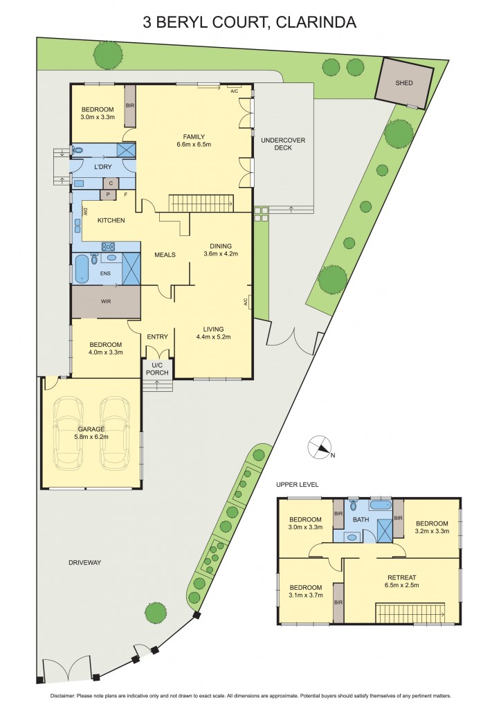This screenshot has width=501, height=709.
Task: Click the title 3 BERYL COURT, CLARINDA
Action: coord(250,22)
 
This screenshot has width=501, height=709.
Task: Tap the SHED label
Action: coord(404,83)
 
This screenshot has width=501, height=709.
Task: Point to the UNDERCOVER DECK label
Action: coord(282,144)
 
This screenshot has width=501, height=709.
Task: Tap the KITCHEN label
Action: coord(111,220)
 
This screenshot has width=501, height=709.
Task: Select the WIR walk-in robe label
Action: coord(105,302)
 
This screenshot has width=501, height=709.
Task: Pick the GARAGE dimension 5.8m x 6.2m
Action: coord(91,437)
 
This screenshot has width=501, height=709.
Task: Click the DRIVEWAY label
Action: coord(84,562)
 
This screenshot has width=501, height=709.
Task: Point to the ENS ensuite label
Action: coord(104,273)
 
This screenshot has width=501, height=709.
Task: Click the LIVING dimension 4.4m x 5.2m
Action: coord(213,337)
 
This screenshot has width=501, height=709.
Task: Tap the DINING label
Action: coord(221,245)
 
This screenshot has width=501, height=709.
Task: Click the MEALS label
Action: coord(165,255)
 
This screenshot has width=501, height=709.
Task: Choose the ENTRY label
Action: coord(157,337)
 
